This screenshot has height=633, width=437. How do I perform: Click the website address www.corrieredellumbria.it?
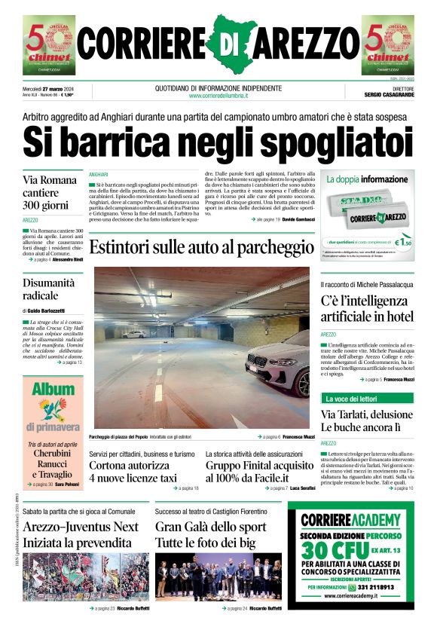pos(218,96)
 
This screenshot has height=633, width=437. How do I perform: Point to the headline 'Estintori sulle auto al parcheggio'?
pos(201,247)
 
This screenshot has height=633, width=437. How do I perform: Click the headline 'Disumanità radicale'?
pos(49,289)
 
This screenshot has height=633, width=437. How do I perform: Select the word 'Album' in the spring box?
pos(52,389)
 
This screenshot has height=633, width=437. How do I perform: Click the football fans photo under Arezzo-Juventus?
pos(75,577)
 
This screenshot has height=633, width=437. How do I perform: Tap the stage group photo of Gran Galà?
pos(218,577)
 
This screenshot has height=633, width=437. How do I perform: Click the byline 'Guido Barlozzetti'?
pos(46,310)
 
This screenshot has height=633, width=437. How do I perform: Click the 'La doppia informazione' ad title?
pos(366,180)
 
